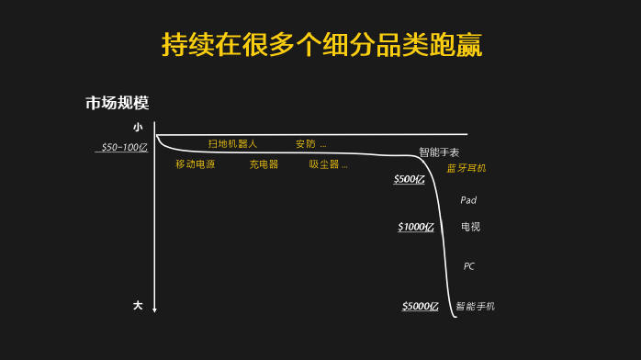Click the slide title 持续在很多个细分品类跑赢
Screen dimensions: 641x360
[320, 43]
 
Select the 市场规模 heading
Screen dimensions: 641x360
[117, 104]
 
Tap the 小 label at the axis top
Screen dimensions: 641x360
[138, 127]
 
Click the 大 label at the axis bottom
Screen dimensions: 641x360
[138, 304]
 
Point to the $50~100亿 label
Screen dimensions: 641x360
[123, 147]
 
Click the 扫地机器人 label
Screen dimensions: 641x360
[232, 144]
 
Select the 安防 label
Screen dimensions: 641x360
[306, 144]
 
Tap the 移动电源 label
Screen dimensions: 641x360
[195, 164]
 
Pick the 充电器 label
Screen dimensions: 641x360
[264, 164]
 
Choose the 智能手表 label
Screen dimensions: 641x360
[439, 152]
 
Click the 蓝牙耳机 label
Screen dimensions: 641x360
[467, 168]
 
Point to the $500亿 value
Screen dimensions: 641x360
[410, 179]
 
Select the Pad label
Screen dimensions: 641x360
[468, 200]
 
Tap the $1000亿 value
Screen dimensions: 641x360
[416, 227]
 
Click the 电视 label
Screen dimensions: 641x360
[470, 227]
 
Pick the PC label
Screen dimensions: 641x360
[468, 266]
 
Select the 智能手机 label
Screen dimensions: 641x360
[475, 306]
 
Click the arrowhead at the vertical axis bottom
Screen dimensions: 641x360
[155, 309]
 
